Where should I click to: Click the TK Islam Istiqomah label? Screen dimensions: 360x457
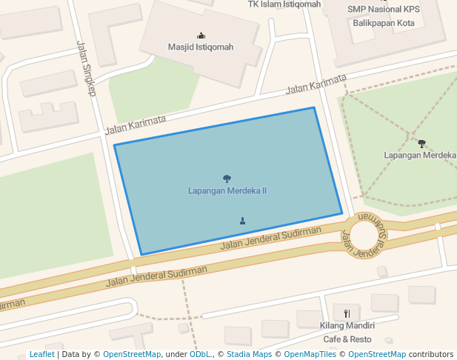pyautogui.click(x=284, y=4)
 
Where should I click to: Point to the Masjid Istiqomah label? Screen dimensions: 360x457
pyautogui.click(x=200, y=47)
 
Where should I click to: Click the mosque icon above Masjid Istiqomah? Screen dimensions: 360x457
pyautogui.click(x=201, y=35)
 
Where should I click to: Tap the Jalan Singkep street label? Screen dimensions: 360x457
pyautogui.click(x=87, y=68)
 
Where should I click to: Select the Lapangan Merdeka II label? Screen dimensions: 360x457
pyautogui.click(x=227, y=191)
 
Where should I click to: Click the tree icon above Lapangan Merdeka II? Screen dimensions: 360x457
pyautogui.click(x=227, y=179)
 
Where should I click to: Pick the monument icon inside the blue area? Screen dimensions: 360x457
pyautogui.click(x=242, y=221)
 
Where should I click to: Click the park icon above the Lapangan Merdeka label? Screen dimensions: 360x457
pyautogui.click(x=421, y=143)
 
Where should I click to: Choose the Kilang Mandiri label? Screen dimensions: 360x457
pyautogui.click(x=347, y=326)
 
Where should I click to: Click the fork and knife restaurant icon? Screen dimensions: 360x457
pyautogui.click(x=347, y=313)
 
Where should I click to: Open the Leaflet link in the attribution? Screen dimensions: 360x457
pyautogui.click(x=41, y=355)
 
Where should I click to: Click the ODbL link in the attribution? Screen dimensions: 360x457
pyautogui.click(x=200, y=355)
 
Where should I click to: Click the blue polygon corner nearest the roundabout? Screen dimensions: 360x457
pyautogui.click(x=342, y=214)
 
